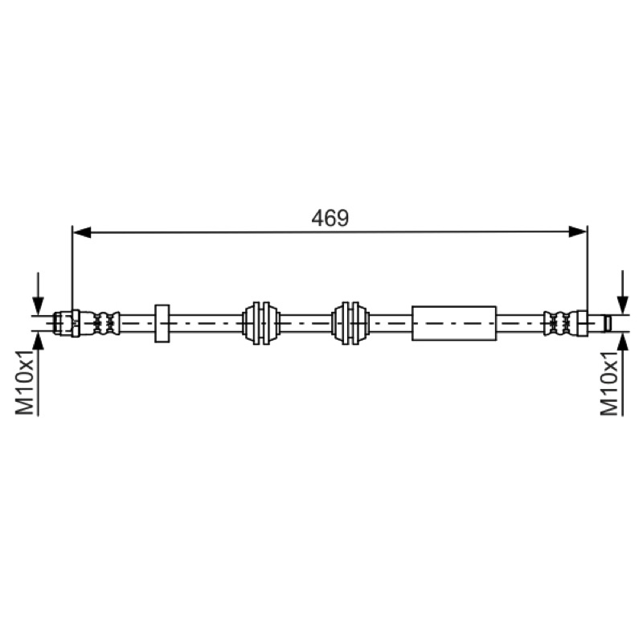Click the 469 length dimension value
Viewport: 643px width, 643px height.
[330, 218]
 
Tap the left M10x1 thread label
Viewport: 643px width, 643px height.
[25, 383]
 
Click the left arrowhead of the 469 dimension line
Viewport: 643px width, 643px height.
[82, 232]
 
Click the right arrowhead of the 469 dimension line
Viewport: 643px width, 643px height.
[578, 232]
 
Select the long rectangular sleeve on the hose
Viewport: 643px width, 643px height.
[454, 323]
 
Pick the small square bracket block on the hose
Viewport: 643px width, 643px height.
[162, 324]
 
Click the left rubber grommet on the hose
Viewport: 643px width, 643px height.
[261, 324]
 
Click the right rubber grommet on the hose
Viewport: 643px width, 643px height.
[350, 324]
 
